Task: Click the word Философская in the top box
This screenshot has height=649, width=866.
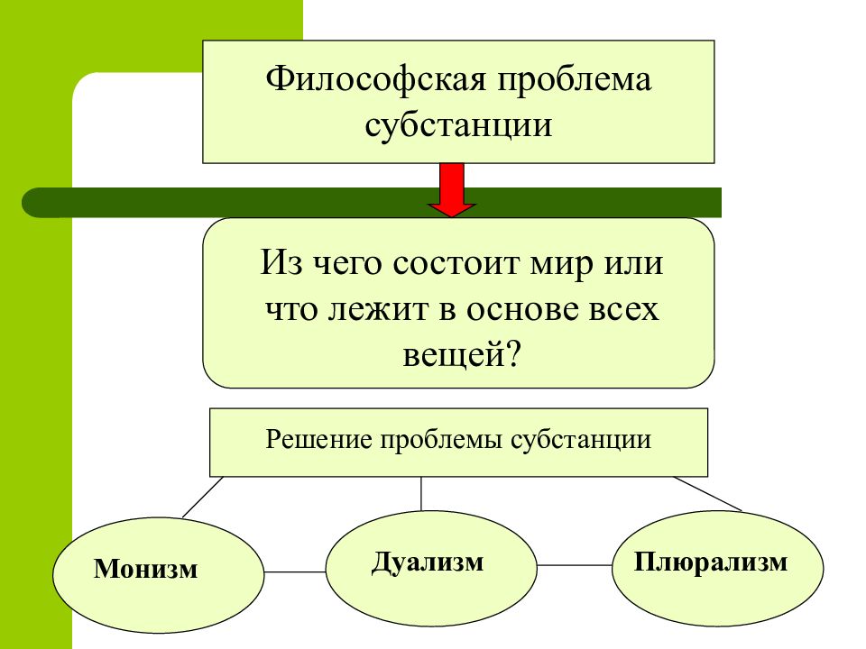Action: click(x=375, y=80)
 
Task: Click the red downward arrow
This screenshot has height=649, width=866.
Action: click(x=452, y=189)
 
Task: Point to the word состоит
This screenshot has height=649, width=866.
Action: click(x=456, y=263)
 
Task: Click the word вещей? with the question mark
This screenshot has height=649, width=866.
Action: click(x=462, y=355)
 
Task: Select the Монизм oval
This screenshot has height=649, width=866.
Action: click(x=159, y=574)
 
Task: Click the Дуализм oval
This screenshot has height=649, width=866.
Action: click(x=431, y=568)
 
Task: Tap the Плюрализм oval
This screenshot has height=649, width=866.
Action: click(x=717, y=568)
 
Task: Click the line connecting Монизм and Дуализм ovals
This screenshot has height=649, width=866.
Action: click(x=295, y=571)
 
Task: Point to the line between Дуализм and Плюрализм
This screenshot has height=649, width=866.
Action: click(x=575, y=565)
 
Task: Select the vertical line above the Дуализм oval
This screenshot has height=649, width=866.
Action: click(x=421, y=493)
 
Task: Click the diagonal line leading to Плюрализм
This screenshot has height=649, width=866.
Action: click(x=707, y=493)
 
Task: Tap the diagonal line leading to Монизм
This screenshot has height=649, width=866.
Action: click(x=203, y=497)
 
